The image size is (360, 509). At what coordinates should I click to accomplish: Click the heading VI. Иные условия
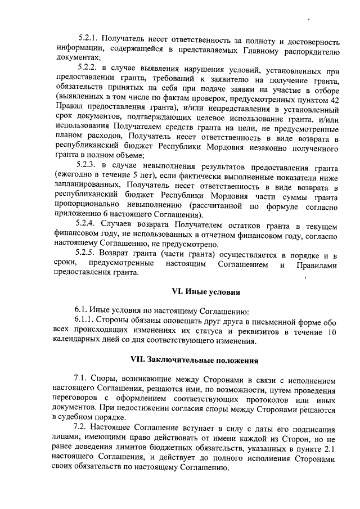coord(206,292)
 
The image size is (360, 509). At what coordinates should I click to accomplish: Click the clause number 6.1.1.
coord(87,320)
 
